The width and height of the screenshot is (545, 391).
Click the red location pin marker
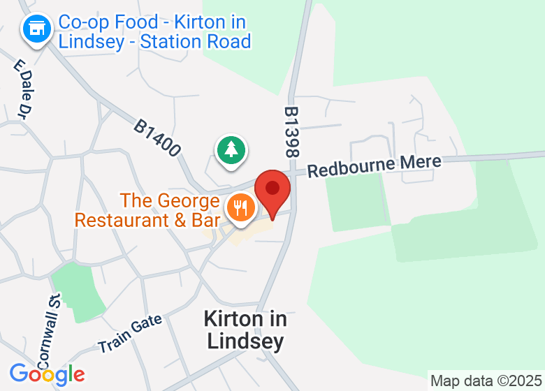point(272,190)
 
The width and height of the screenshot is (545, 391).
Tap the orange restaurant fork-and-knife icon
point(240,208)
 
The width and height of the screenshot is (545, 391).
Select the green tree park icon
point(230,149)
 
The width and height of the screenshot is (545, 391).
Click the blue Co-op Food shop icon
point(36,29)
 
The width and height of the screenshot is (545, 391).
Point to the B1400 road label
point(158,138)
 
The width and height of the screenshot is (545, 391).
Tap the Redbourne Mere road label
point(375,165)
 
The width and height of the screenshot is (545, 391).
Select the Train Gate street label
point(130,334)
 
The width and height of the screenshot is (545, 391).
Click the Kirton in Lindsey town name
point(245,330)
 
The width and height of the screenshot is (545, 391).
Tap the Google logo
point(47,374)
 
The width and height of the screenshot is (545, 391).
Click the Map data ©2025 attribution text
point(485,381)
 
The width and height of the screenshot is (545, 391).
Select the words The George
point(170,201)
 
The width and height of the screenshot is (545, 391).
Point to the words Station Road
point(196,41)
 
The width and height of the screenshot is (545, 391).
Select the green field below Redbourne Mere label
point(356,202)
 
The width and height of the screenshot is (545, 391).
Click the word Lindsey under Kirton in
point(245,341)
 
